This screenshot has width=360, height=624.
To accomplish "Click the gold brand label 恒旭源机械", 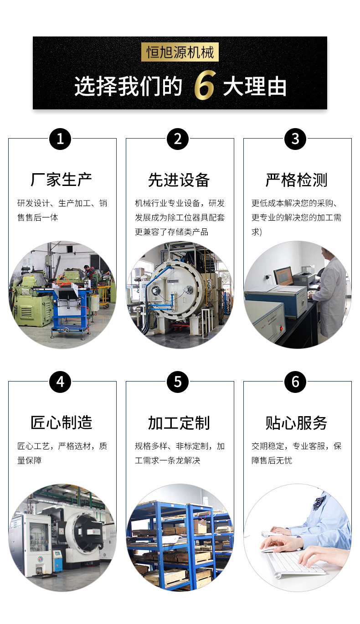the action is [180, 52].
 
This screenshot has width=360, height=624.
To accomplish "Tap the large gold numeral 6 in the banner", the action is [205, 85].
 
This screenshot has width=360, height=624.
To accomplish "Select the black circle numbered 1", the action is [60, 139].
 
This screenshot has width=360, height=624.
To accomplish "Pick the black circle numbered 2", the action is [178, 139].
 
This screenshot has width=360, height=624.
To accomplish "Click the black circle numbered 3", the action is [295, 139].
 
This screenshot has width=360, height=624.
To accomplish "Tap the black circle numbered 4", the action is [60, 382].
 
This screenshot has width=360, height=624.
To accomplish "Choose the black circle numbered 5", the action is [178, 382].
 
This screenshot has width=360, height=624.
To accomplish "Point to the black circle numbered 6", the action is [295, 382].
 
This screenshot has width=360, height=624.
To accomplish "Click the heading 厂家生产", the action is [61, 180].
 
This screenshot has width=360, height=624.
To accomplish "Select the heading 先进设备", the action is [179, 180].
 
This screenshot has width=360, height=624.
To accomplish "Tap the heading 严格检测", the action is [296, 180].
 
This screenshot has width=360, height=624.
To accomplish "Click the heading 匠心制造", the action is [61, 423].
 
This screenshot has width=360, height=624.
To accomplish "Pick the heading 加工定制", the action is [179, 423].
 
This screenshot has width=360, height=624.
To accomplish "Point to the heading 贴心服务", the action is [296, 423].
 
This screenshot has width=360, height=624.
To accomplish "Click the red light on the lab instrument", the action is [281, 329].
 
